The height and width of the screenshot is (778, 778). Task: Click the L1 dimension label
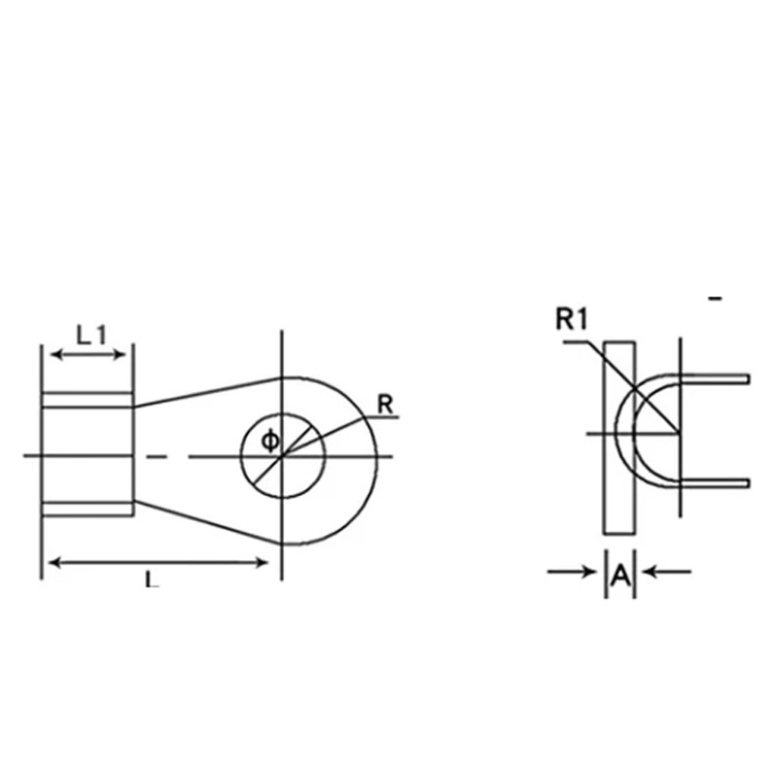pyautogui.click(x=91, y=335)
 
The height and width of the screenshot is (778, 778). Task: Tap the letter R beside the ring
pyautogui.click(x=385, y=405)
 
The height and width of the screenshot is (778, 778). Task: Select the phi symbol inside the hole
pyautogui.click(x=270, y=441)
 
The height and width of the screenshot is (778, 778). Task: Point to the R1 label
pyautogui.click(x=572, y=319)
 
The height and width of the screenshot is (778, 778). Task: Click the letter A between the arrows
pyautogui.click(x=620, y=576)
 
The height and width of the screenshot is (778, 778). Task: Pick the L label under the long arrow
pyautogui.click(x=152, y=579)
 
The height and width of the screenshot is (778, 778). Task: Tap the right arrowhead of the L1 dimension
pyautogui.click(x=120, y=354)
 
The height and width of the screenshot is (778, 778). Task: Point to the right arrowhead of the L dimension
pyautogui.click(x=262, y=563)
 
